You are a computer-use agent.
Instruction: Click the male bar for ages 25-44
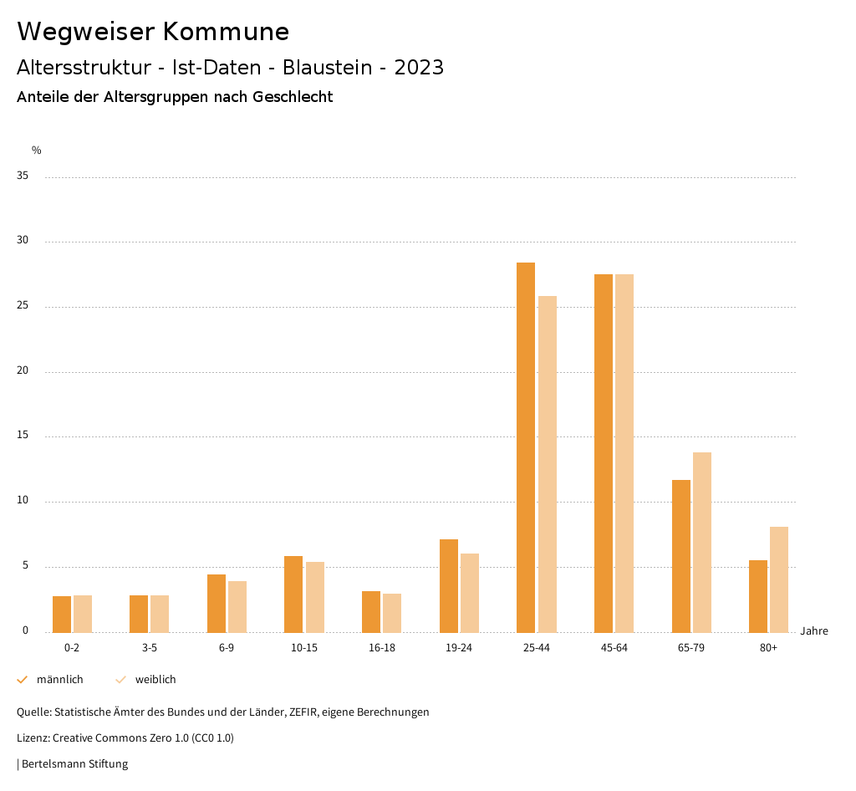tap(526, 447)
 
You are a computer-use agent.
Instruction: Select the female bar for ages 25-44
tap(548, 464)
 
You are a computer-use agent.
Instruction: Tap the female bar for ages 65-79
tap(702, 542)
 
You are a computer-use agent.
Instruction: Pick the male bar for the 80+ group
tap(758, 596)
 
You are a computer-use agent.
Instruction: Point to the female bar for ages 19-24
tap(470, 593)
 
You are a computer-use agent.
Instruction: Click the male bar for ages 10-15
tap(293, 594)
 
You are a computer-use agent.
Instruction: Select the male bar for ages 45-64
tap(604, 453)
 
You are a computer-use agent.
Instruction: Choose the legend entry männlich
tap(59, 680)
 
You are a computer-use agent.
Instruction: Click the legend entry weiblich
tap(155, 680)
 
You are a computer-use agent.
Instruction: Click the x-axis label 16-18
tap(381, 648)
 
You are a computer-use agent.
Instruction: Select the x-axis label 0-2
tap(72, 648)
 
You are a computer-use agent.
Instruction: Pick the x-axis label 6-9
tap(227, 648)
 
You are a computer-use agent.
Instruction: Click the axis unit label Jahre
tap(813, 631)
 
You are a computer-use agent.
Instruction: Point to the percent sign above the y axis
tap(37, 151)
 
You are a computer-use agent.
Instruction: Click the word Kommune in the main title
tap(226, 32)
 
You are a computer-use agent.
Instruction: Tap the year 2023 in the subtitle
tap(419, 68)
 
